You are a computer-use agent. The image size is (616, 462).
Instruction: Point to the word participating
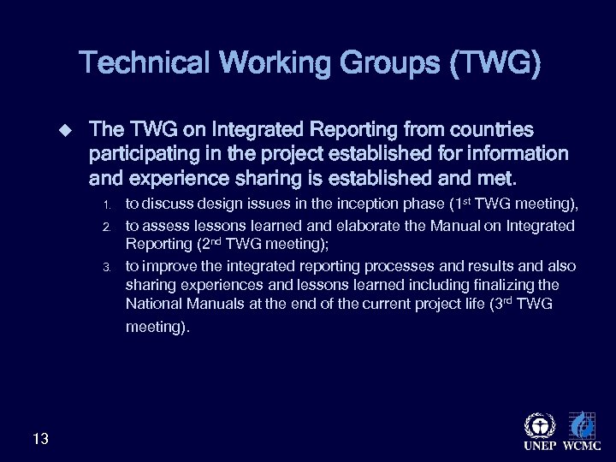click(145, 155)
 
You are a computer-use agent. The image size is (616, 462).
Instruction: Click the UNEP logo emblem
click(539, 424)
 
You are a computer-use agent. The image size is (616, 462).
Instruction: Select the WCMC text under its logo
click(581, 447)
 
